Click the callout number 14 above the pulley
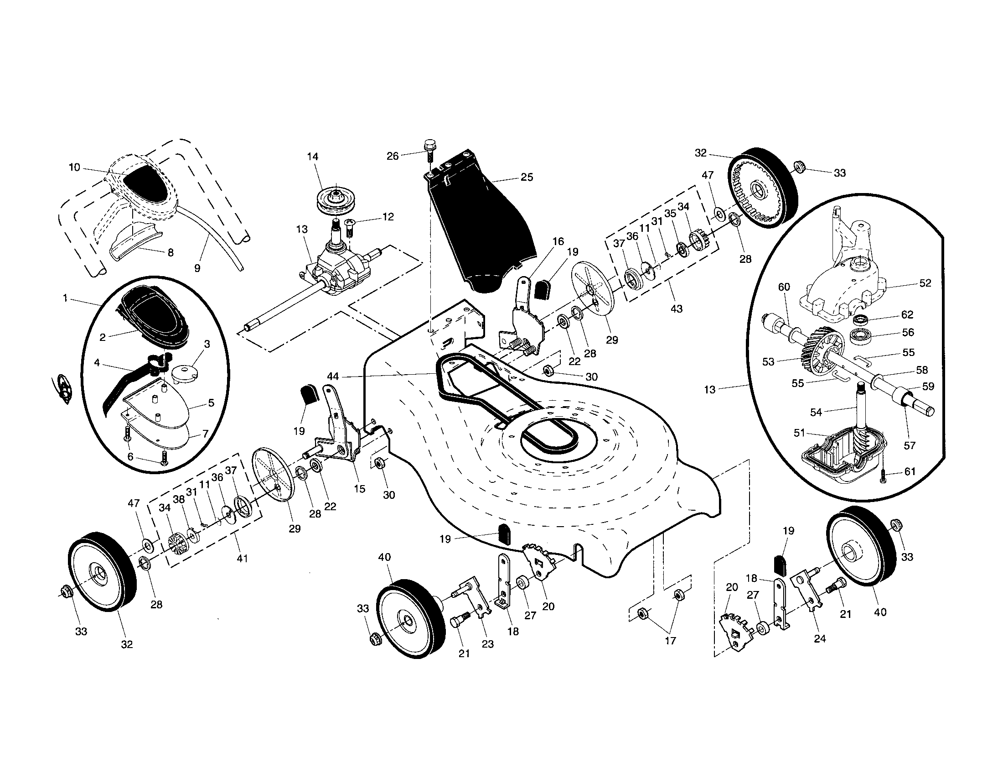(x=312, y=157)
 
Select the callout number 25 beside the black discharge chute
(x=527, y=177)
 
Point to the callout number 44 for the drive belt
(x=332, y=376)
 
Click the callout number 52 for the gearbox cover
(x=925, y=283)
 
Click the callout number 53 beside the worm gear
(x=768, y=362)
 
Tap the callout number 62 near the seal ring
(x=907, y=315)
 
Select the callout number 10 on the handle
(x=74, y=167)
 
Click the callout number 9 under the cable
(x=197, y=268)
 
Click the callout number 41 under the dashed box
(x=242, y=559)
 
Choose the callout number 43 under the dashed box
(x=677, y=309)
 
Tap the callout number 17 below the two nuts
(x=671, y=640)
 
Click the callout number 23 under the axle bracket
(x=488, y=644)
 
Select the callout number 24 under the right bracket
(x=820, y=638)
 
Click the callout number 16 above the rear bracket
(x=558, y=241)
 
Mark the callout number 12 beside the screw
(x=388, y=216)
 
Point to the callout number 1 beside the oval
(x=65, y=298)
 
